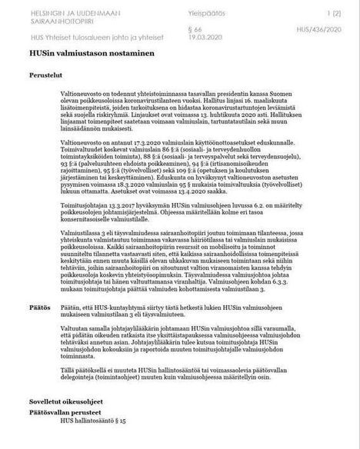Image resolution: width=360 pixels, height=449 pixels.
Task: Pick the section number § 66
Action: tap(202, 29)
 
